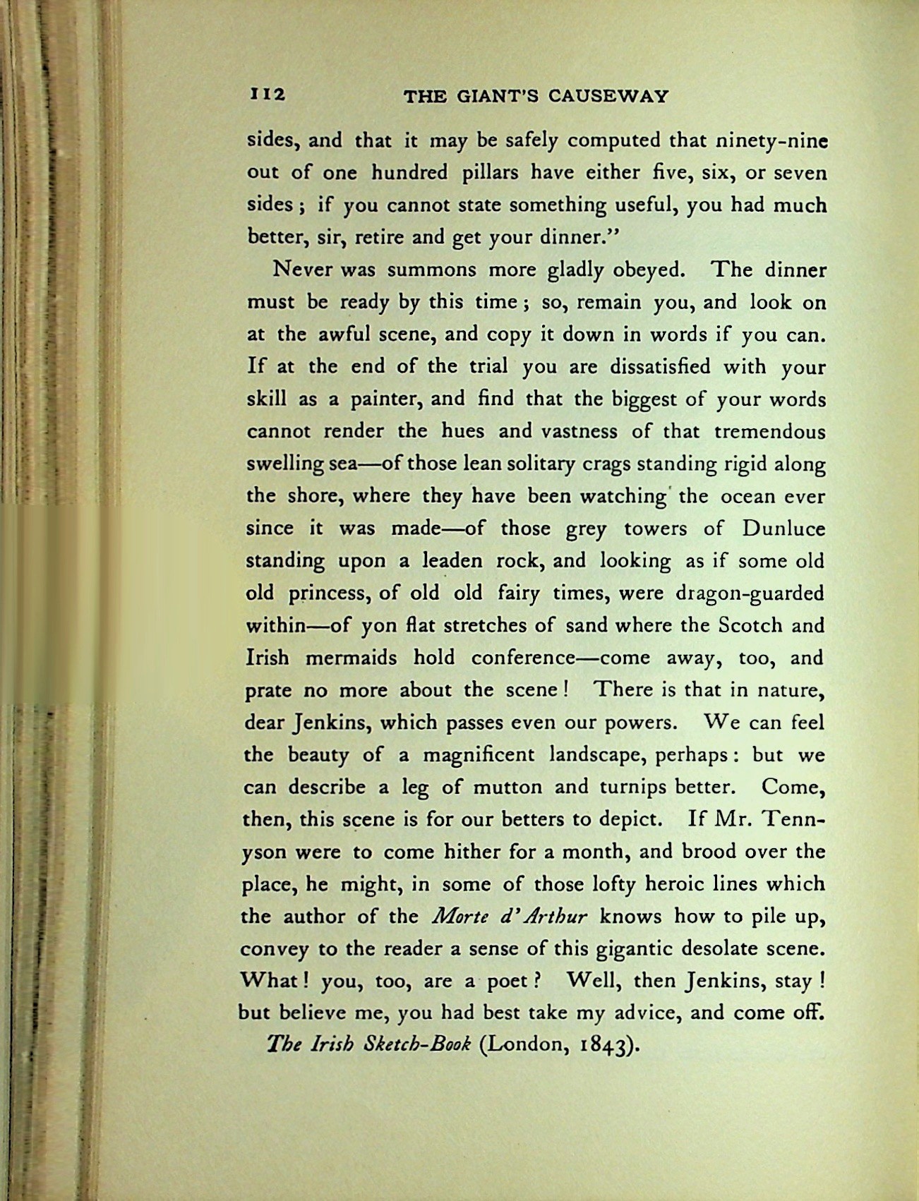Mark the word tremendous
tap(769, 431)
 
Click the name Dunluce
tap(783, 529)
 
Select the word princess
tap(328, 593)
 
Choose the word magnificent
tap(479, 755)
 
